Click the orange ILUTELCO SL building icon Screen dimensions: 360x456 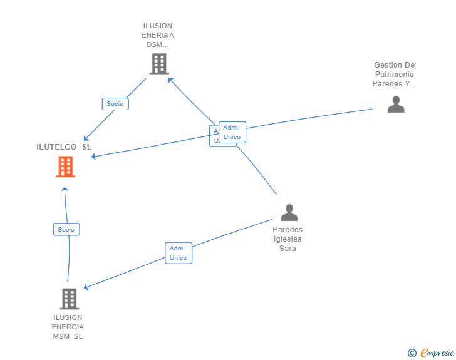[65, 167]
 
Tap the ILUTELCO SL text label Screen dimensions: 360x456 [64, 147]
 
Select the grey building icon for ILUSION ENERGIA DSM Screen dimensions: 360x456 [159, 63]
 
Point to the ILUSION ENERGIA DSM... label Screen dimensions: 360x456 [158, 36]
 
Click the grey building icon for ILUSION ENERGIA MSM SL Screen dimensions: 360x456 [69, 299]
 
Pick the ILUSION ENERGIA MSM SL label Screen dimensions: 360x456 [68, 327]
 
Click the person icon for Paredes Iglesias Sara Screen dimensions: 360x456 [289, 213]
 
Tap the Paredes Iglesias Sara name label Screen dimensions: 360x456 [288, 239]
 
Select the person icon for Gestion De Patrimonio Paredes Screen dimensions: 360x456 [396, 104]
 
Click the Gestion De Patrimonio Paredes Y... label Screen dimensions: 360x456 [395, 75]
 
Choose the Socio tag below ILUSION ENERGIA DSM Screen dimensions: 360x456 [115, 104]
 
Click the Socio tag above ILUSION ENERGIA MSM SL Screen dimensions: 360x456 [66, 230]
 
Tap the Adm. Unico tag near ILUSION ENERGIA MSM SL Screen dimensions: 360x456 [179, 253]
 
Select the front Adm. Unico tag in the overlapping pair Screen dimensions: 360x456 [232, 132]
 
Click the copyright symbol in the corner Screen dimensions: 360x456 [412, 353]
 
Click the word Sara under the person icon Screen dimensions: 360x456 [288, 249]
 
